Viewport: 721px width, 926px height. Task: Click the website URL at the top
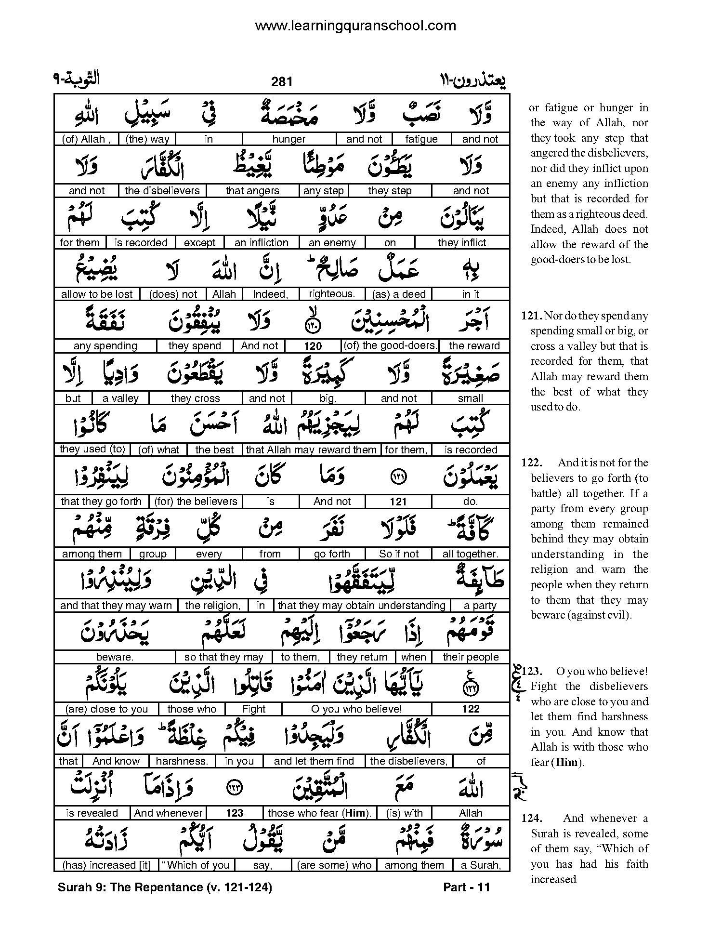[x=355, y=25]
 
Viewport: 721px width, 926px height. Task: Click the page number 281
[x=282, y=81]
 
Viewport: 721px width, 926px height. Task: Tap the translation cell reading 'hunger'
[x=289, y=139]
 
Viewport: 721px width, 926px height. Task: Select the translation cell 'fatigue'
[x=421, y=139]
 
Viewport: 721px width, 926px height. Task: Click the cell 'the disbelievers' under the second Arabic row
[x=162, y=191]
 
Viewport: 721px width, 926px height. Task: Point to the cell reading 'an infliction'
[x=262, y=243]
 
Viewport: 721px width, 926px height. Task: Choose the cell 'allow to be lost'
[x=97, y=294]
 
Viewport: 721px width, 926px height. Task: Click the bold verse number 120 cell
[x=313, y=346]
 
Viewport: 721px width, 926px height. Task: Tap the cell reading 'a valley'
[x=121, y=398]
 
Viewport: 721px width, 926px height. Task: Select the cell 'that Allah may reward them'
[x=311, y=450]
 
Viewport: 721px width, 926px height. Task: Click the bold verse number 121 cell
[x=398, y=502]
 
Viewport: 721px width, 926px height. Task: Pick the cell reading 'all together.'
[x=471, y=554]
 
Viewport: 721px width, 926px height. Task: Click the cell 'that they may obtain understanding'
[x=362, y=606]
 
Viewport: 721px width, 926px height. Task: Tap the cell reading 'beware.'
[x=115, y=657]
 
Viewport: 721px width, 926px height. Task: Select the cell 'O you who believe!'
[x=356, y=709]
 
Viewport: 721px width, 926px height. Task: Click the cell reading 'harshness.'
[x=182, y=761]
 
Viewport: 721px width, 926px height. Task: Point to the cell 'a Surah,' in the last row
[x=481, y=865]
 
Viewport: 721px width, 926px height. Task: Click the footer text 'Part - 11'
[x=466, y=887]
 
